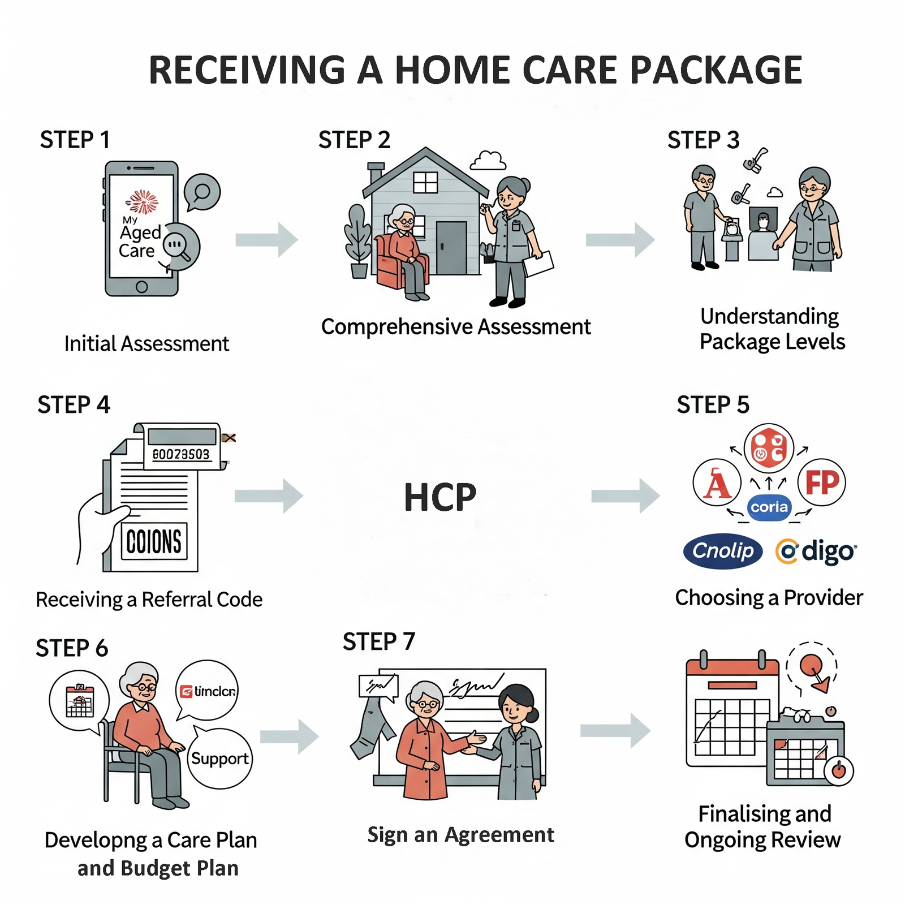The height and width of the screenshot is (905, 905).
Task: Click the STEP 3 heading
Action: tap(703, 140)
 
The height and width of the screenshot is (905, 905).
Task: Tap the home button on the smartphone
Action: tap(142, 287)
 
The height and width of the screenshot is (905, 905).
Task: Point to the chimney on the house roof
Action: tap(375, 173)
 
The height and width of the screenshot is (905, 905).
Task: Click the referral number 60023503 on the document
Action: tap(181, 454)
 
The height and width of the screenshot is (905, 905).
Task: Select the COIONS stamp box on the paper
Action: tap(154, 541)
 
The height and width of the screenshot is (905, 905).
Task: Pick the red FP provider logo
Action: tap(821, 482)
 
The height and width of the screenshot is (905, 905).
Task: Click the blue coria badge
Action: tap(769, 507)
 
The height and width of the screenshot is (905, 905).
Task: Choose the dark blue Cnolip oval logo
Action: tap(723, 550)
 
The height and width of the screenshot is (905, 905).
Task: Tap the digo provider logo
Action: tap(816, 551)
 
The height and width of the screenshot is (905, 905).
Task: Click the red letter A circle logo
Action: tap(717, 483)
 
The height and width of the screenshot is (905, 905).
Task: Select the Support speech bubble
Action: tap(219, 759)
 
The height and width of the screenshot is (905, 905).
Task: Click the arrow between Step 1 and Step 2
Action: tap(266, 240)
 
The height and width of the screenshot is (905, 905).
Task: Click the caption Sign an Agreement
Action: tap(460, 835)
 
